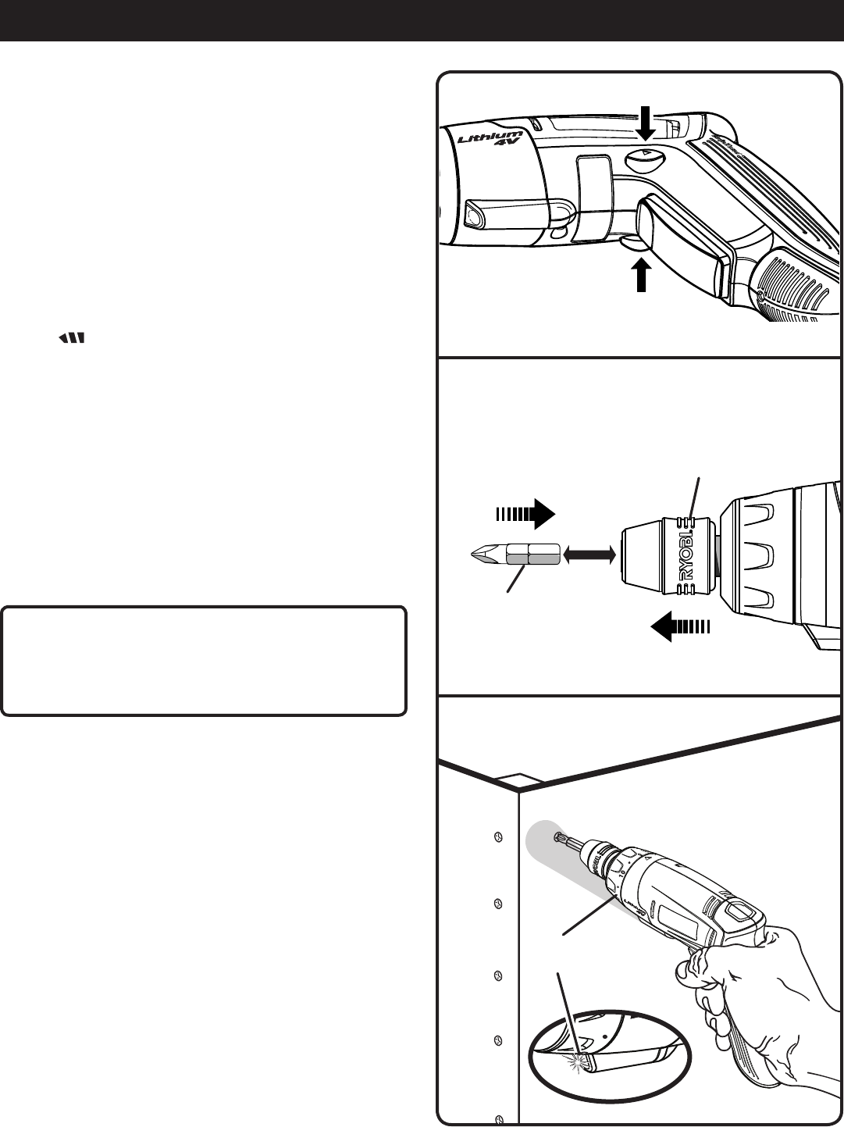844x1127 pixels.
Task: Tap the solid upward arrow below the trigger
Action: coord(641,276)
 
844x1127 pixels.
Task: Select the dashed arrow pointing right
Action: coord(524,515)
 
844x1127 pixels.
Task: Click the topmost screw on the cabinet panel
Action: coord(499,837)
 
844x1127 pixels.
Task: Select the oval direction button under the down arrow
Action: coord(646,161)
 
